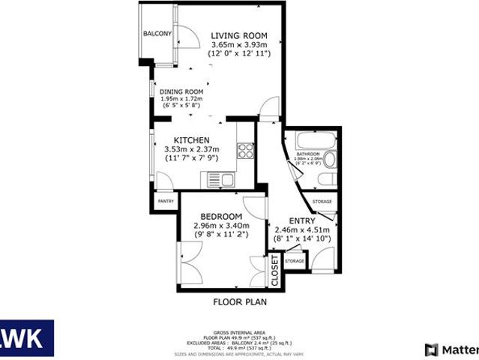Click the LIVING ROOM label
click(x=239, y=35)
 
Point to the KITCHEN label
click(x=191, y=140)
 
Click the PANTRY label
click(x=166, y=201)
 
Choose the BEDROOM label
click(x=220, y=217)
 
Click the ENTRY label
click(x=303, y=220)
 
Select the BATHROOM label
click(x=308, y=153)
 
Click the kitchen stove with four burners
click(x=246, y=151)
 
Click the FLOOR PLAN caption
click(x=239, y=303)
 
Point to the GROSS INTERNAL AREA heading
click(x=240, y=330)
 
